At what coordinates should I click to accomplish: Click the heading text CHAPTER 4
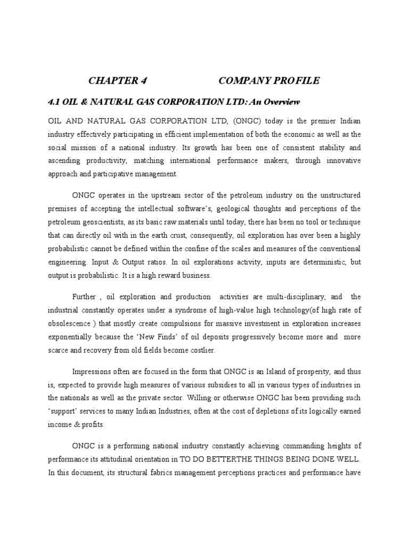pyautogui.click(x=117, y=81)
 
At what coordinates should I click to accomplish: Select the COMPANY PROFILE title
pyautogui.click(x=269, y=81)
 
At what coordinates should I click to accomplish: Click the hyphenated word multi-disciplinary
pyautogui.click(x=287, y=296)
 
